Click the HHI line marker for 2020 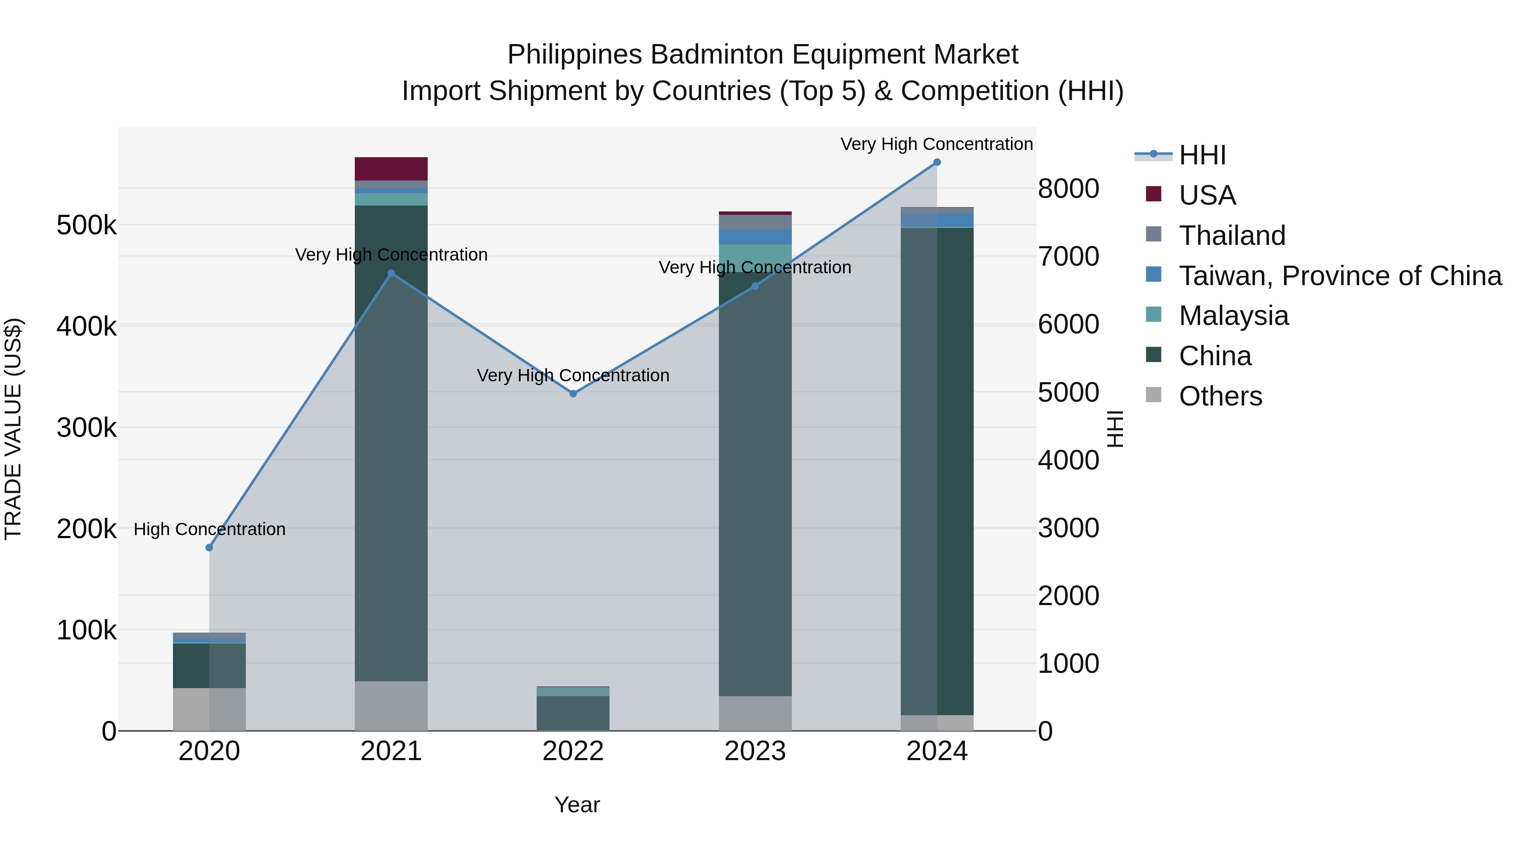[x=209, y=548]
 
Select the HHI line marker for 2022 [x=573, y=394]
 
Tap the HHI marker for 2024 [x=936, y=162]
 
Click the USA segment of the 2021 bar [x=391, y=169]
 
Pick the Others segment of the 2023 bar [x=755, y=713]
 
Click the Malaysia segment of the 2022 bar [x=573, y=691]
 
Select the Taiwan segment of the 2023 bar [x=755, y=237]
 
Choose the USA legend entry [x=1207, y=195]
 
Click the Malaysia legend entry [x=1234, y=316]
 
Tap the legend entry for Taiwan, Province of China [x=1340, y=276]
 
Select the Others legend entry [x=1220, y=396]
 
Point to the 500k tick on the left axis [x=86, y=225]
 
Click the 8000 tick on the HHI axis [x=1068, y=189]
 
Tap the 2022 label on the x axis [x=573, y=751]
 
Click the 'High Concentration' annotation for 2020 [x=209, y=529]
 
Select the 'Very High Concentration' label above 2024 [x=936, y=144]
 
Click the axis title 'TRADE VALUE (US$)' [x=13, y=429]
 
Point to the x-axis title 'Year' [x=577, y=805]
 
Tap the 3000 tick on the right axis [x=1068, y=528]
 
